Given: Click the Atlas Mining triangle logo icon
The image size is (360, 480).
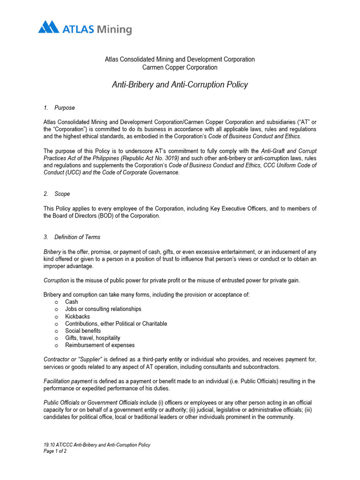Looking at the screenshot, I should pos(48,27).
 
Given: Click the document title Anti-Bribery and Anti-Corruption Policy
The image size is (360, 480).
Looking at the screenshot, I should pos(180,85).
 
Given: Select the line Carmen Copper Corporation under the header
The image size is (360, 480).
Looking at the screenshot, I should pos(180,67).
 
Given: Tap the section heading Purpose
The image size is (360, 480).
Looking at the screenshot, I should pos(64,108).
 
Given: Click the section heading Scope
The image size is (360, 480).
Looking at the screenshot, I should pos(62,194).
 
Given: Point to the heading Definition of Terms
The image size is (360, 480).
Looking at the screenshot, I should pos(77,237).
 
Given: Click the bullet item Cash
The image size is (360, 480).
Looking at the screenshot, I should pos(71,302).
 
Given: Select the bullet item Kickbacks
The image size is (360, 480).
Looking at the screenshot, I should pos(77,316).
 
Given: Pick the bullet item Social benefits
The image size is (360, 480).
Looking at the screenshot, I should pos(82,331).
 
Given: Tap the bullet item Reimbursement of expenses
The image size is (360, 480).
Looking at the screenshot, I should pos(99,345).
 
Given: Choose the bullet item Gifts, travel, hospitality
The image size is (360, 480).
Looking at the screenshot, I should pos(92,338).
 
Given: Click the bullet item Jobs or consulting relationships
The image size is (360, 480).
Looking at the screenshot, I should pos(103,309).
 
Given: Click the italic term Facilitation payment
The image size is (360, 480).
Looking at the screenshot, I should pos(67,381).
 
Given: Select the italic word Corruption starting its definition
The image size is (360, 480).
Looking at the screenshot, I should pos(56,280).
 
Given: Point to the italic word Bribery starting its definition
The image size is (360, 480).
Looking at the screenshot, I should pos(52,252).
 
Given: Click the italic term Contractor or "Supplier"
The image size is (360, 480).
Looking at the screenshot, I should pos(73,360).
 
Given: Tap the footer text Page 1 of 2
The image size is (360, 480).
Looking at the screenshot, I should pos(55,451).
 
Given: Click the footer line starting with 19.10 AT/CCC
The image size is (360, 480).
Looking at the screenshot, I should pos(97,445).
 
